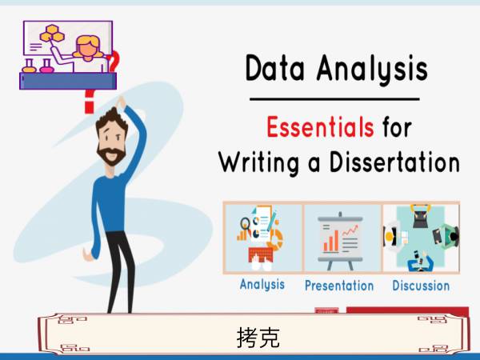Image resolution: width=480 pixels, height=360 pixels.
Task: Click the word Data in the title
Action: pyautogui.click(x=274, y=68)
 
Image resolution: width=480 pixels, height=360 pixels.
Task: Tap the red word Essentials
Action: pyautogui.click(x=320, y=126)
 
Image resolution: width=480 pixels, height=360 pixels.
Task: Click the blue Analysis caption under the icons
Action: pyautogui.click(x=262, y=284)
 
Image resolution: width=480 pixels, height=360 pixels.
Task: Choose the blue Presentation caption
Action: pyautogui.click(x=339, y=286)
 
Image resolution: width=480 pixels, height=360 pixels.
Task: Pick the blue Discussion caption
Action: pyautogui.click(x=421, y=286)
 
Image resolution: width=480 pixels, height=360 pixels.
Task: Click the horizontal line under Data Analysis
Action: pyautogui.click(x=334, y=99)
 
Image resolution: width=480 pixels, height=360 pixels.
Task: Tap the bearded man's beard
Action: pyautogui.click(x=111, y=155)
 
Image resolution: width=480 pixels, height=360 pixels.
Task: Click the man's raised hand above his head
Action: pyautogui.click(x=122, y=102)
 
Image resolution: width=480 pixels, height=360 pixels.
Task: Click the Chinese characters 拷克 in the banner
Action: pyautogui.click(x=258, y=338)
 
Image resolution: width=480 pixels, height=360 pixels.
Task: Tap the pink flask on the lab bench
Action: pyautogui.click(x=46, y=66)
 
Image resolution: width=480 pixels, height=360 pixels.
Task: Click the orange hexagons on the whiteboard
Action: pyautogui.click(x=52, y=34)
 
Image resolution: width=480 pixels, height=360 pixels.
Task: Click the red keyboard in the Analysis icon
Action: pyautogui.click(x=261, y=254)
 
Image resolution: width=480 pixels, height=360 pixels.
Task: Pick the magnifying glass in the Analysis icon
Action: pyautogui.click(x=245, y=224)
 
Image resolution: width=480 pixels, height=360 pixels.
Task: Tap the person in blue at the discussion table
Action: pyautogui.click(x=421, y=262)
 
